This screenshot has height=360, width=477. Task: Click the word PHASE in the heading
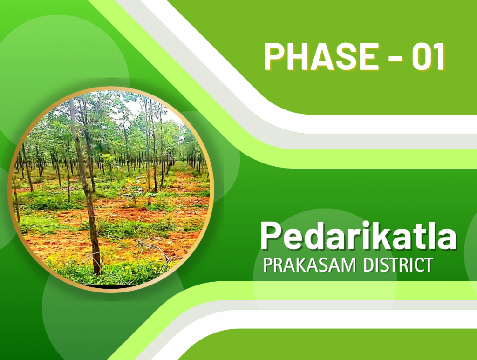(x=321, y=56)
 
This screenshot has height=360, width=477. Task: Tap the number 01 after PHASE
(x=428, y=56)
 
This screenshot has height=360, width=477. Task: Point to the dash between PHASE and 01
(x=395, y=58)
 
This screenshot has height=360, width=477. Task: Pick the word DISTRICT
(x=398, y=265)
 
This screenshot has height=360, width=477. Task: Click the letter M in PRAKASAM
(x=348, y=265)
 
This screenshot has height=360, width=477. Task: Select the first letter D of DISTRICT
(x=369, y=265)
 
